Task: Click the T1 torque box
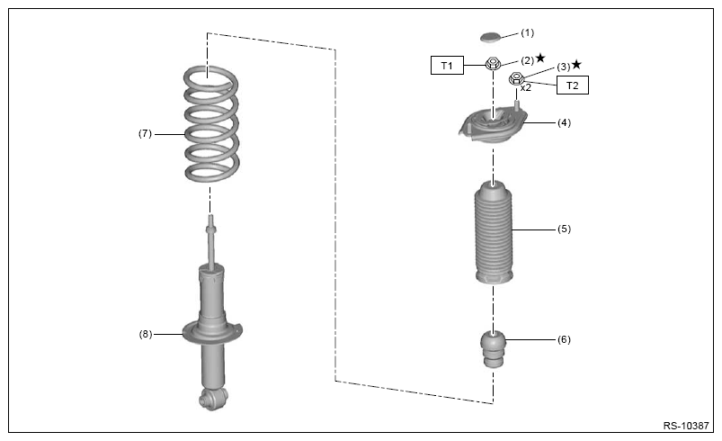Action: pos(447,66)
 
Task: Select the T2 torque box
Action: pos(573,85)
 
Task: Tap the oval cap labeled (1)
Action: pos(490,36)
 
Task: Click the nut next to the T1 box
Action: pos(493,63)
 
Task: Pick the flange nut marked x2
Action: pos(516,79)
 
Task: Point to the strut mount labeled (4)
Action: pos(493,125)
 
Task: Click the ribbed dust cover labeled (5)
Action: pos(493,232)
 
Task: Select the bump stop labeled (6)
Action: pos(493,348)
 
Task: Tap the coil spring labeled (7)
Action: pos(211,124)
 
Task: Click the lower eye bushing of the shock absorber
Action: pos(213,399)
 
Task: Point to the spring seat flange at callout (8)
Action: pos(212,334)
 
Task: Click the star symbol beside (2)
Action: pos(540,58)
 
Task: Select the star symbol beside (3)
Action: pos(576,65)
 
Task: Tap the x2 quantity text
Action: pos(526,87)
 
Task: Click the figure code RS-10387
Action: pos(686,426)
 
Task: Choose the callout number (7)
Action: pos(145,133)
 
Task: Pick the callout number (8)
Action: pos(146,334)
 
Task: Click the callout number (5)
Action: pos(564,229)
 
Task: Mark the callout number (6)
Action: pos(564,339)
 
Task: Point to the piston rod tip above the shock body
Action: pos(211,217)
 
